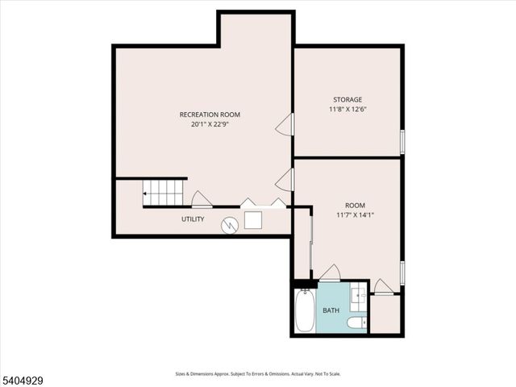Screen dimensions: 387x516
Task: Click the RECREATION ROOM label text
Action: (x=210, y=114)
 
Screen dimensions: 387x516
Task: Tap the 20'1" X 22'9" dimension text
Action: (x=210, y=124)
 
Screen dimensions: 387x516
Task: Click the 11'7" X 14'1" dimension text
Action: (x=355, y=214)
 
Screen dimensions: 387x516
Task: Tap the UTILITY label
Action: (x=193, y=219)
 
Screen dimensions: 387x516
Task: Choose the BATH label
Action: (x=331, y=310)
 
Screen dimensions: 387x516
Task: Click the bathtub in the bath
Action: (x=305, y=312)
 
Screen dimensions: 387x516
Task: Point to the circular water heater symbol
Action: (x=230, y=226)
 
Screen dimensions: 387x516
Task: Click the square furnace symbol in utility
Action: (x=254, y=220)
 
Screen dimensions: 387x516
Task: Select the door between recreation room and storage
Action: (x=285, y=124)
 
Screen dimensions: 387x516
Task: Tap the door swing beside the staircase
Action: (x=201, y=200)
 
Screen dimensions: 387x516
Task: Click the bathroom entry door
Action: (x=330, y=273)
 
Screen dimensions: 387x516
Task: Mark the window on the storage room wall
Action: (x=402, y=141)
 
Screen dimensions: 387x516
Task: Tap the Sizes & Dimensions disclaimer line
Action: (x=257, y=373)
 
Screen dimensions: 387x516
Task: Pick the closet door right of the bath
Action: (x=384, y=286)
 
